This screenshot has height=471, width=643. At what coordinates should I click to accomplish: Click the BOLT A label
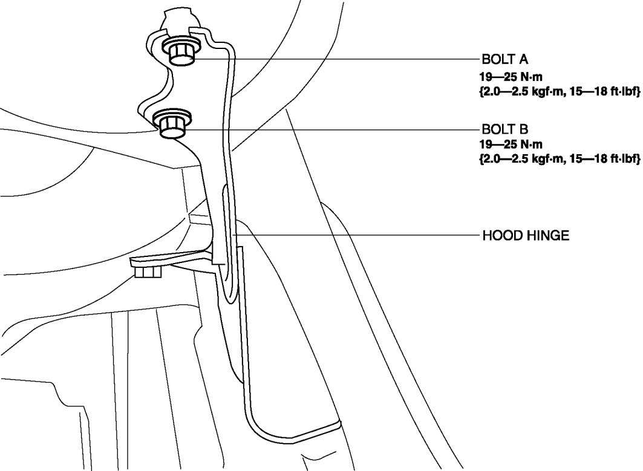click(505, 59)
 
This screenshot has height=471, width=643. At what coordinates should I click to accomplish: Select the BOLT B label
click(505, 129)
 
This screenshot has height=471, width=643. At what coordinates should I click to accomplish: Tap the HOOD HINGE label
click(526, 235)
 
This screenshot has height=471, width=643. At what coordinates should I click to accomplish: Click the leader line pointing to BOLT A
click(333, 59)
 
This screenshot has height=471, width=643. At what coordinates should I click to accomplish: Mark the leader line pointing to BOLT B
click(333, 129)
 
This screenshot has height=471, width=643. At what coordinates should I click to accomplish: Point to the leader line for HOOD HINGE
click(357, 235)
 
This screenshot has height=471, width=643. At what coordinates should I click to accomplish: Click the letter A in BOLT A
click(523, 59)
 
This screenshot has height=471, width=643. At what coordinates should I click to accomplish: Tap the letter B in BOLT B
click(524, 129)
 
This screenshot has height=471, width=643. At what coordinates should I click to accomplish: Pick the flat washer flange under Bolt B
click(173, 116)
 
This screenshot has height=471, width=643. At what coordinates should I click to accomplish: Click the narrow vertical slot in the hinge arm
click(227, 242)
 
